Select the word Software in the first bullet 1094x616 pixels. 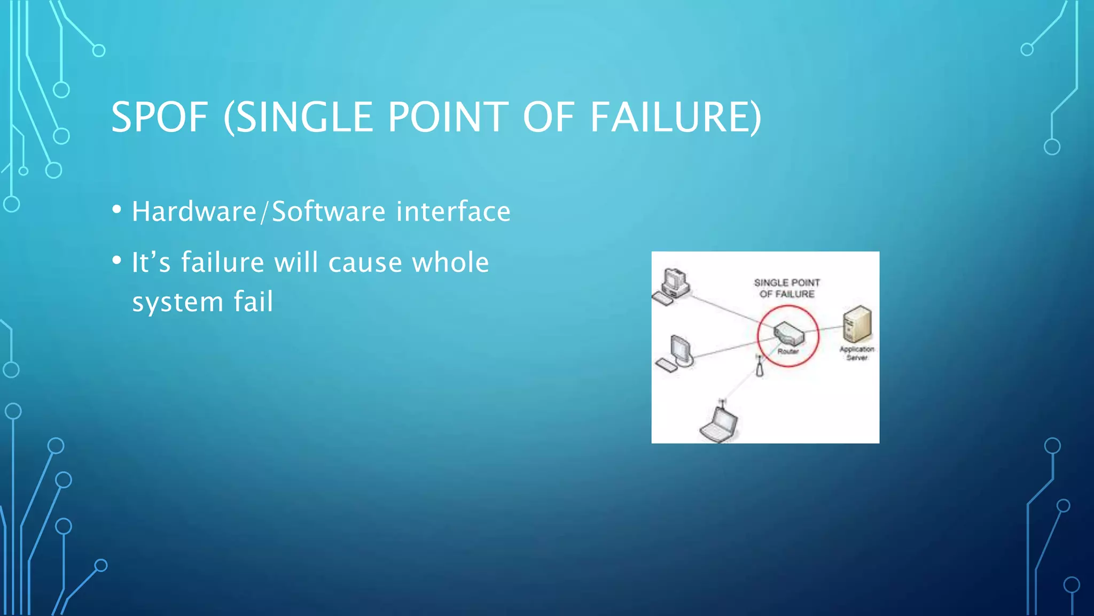pos(329,211)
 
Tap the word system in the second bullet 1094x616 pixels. pos(177,303)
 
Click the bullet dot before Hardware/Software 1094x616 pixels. pos(117,210)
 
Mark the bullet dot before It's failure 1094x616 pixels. pos(117,260)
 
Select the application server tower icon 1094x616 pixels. pos(857,324)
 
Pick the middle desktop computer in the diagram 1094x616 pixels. pos(677,353)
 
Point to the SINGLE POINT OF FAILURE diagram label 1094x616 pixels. pos(787,288)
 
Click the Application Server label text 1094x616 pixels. pos(857,353)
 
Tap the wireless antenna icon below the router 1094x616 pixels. pos(760,367)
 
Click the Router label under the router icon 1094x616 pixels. pos(788,351)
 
